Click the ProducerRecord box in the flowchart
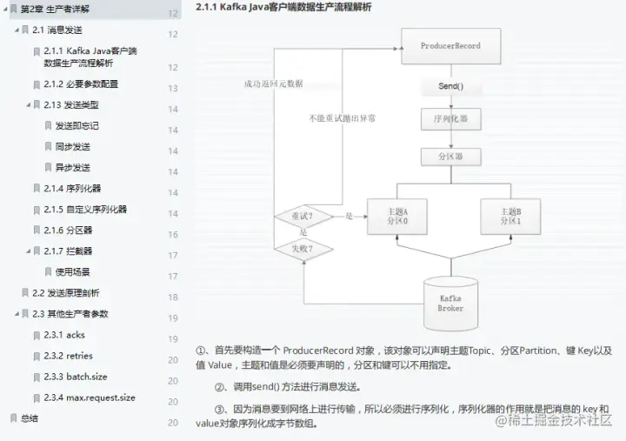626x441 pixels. tap(450, 45)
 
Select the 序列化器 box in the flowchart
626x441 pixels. tap(450, 118)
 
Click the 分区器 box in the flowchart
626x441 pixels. tap(450, 157)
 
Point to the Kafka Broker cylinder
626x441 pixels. tap(450, 301)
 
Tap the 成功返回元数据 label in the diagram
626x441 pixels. tap(274, 84)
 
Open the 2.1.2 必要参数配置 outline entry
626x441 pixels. tap(81, 84)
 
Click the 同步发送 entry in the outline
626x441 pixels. tap(72, 147)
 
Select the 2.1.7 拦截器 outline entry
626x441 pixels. tap(68, 251)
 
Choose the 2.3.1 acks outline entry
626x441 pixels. tap(64, 335)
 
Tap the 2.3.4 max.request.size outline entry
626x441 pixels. tap(90, 398)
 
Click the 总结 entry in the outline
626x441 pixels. tap(29, 418)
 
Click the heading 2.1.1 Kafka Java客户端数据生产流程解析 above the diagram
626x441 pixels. tap(283, 8)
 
